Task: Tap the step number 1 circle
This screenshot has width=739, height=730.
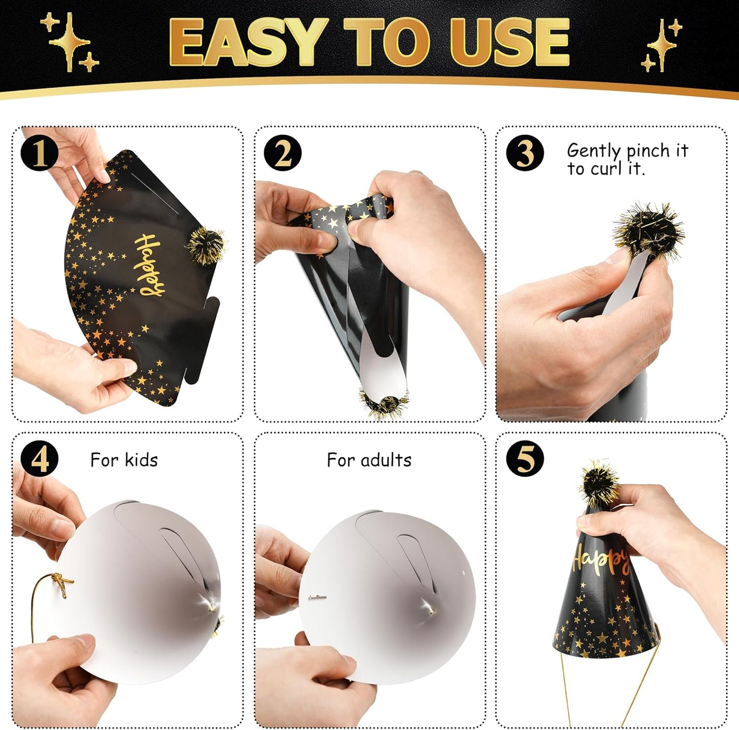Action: tap(39, 153)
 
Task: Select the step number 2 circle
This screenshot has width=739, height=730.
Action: tap(283, 153)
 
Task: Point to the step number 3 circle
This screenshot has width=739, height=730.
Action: tap(525, 153)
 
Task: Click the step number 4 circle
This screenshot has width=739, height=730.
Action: tap(39, 459)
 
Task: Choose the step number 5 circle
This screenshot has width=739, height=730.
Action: tap(525, 459)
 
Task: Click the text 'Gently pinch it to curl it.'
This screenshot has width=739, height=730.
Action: tap(627, 159)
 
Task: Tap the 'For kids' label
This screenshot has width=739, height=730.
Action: tap(124, 460)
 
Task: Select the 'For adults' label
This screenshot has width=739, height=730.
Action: tap(369, 460)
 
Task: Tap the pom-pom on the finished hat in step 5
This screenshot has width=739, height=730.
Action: tap(599, 483)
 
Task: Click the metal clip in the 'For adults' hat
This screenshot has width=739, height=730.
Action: tap(317, 597)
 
